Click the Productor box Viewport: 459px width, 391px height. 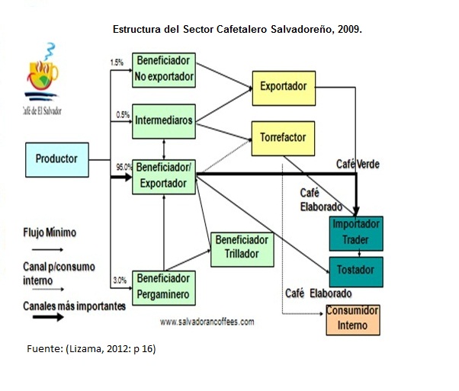pos(56,159)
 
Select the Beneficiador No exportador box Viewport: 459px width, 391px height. pos(163,69)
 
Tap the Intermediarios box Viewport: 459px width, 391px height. pos(163,120)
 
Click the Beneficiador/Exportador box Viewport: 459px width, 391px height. pos(163,175)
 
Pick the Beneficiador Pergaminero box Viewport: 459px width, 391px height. pos(163,287)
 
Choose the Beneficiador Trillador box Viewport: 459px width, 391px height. pos(241,247)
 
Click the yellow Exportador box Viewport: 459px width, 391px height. pos(283,87)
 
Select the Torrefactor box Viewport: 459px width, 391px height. pos(283,138)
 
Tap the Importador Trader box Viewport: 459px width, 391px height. pos(355,232)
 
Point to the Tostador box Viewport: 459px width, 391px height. pos(355,271)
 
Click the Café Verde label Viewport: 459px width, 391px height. pos(358,165)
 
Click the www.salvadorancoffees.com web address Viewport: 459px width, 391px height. pos(207,322)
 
